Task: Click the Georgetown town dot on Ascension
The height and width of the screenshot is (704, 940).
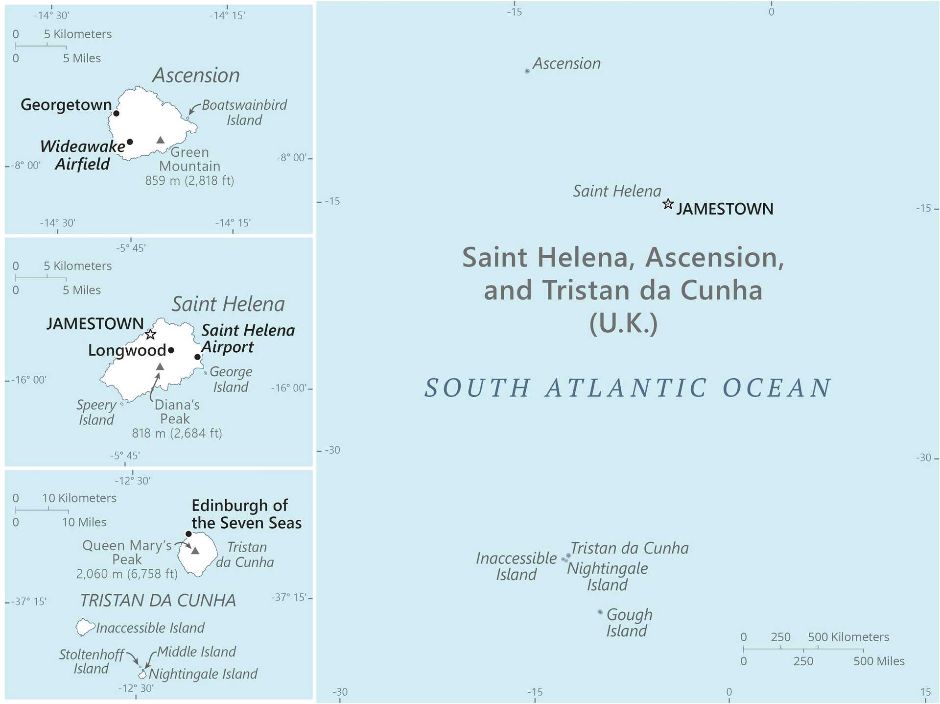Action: coord(116,113)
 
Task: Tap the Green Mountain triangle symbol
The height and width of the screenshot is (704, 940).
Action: coord(160,140)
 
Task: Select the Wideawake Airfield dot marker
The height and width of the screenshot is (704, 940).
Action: coord(130,142)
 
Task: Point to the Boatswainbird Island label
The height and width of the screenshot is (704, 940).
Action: coord(244,112)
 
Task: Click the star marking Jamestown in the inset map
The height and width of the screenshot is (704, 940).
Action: coord(150,335)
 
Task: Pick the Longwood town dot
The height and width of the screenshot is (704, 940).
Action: coord(171,350)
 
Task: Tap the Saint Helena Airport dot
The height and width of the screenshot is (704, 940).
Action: coord(197,357)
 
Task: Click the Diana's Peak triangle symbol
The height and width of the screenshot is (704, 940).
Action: coord(160,367)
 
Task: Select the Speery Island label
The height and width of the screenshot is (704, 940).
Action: coord(96,412)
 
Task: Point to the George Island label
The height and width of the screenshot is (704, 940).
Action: coord(231,379)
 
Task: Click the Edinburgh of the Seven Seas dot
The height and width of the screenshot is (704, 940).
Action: coord(188,534)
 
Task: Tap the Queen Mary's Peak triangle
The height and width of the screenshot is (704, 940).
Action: coord(195,551)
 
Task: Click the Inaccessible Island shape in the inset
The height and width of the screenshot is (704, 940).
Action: coord(85,627)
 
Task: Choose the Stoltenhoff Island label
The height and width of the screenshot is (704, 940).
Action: coord(91,661)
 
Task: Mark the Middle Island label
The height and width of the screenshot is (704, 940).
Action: coord(196,652)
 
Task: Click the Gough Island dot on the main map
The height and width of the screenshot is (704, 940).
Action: coord(600,612)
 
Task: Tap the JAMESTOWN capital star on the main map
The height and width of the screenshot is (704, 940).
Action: coord(668,204)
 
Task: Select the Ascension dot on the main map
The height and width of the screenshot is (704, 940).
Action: coord(527,71)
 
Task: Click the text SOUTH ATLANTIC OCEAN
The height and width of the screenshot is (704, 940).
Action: coord(628,388)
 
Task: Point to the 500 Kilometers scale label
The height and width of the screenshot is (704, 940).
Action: coord(848,637)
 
